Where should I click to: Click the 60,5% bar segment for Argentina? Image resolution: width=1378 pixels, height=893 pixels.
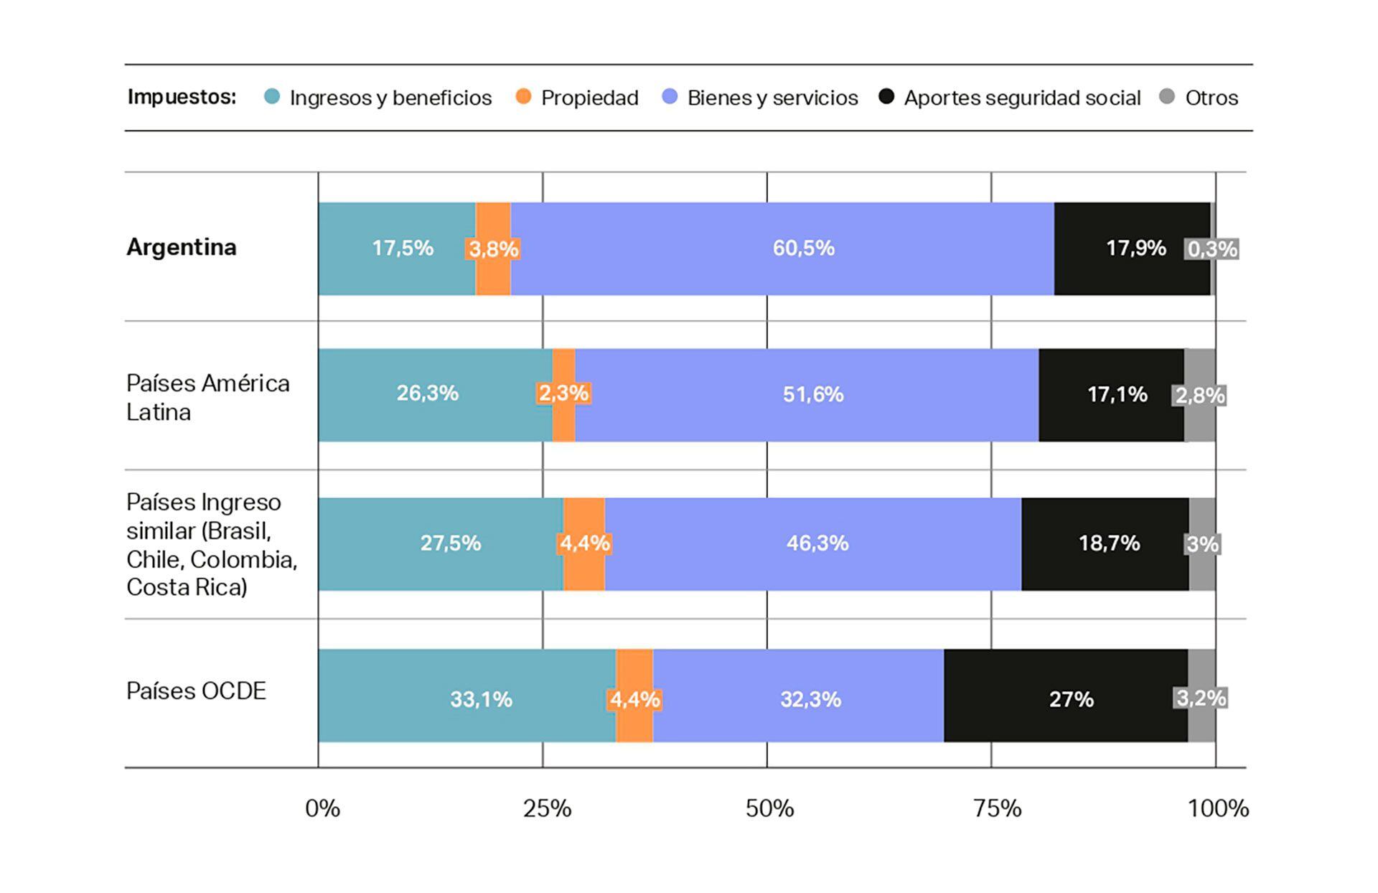tap(782, 248)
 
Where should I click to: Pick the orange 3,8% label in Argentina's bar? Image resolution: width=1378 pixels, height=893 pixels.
tap(493, 249)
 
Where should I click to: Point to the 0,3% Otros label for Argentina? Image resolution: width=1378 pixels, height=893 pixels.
tap(1212, 249)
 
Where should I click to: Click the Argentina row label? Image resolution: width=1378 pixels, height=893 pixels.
tap(182, 247)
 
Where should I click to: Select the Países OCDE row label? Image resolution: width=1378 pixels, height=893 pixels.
tap(196, 691)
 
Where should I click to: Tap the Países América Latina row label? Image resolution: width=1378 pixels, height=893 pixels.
tap(208, 398)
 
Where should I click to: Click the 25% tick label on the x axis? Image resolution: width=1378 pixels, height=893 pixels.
tap(547, 809)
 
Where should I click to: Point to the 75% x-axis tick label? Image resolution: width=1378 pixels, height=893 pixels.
tap(997, 809)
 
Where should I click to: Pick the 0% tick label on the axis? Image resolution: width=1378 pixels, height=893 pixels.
tap(322, 809)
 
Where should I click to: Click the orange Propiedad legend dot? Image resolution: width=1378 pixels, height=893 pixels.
tap(524, 96)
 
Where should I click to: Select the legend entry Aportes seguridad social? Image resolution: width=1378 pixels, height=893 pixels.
tap(1022, 98)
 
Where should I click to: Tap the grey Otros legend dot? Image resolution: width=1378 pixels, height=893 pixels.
tap(1168, 96)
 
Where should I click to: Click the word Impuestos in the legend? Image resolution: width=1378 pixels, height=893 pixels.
tap(182, 97)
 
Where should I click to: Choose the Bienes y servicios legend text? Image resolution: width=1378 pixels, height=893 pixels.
tap(772, 98)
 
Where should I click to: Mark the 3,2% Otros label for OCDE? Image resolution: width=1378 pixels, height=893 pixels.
tap(1201, 698)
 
